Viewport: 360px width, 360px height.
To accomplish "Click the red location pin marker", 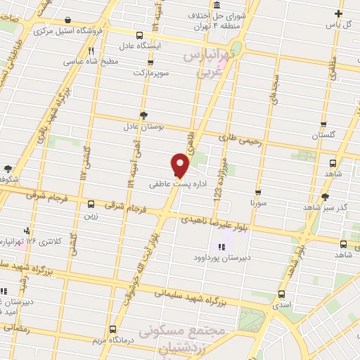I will [x=180, y=164].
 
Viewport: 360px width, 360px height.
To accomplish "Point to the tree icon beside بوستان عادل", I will [x=144, y=115].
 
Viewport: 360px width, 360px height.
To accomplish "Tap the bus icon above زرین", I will [x=91, y=205].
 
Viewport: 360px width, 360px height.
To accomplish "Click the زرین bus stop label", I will [x=91, y=217].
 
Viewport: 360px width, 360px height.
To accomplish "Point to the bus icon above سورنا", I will [x=258, y=191].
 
